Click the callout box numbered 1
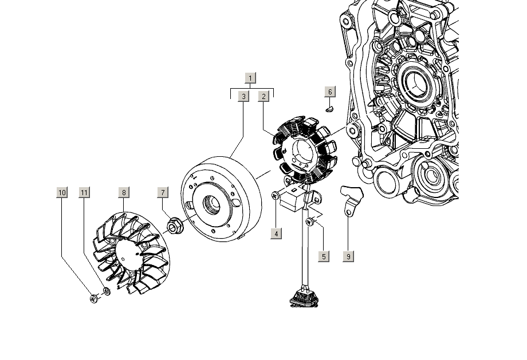pos(250,78)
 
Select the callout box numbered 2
pos(263,96)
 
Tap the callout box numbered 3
pos(243,96)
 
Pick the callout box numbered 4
pos(276,234)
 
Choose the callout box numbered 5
pos(324,256)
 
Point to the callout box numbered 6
pos(330,92)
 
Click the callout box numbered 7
pos(163,192)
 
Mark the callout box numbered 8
pos(124,192)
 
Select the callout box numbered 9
pos(348,256)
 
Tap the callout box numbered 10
pos(62,192)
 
